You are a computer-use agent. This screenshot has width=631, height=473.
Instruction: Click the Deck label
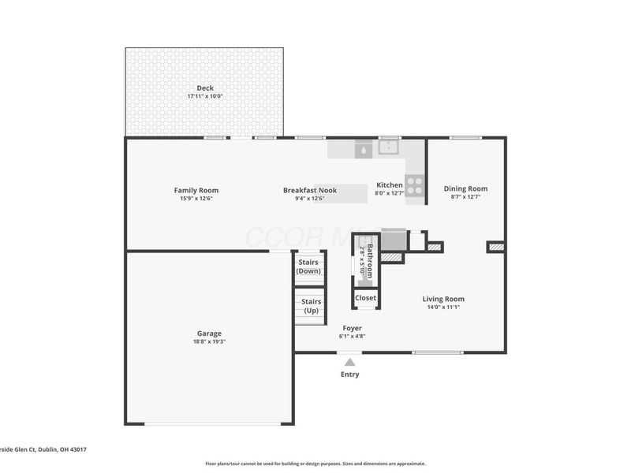[205, 88]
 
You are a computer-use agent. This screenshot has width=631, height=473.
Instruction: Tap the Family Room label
[196, 189]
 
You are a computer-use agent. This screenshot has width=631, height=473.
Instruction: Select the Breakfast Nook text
[310, 189]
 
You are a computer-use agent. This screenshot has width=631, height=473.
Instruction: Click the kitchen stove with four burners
[416, 187]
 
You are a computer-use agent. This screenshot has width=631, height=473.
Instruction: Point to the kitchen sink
[389, 147]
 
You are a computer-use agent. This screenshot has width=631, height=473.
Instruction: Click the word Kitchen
[389, 184]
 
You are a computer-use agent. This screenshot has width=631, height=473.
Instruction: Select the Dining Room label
[465, 188]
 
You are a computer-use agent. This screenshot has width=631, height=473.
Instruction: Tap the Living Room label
[443, 299]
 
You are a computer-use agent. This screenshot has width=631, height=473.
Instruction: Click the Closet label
[365, 298]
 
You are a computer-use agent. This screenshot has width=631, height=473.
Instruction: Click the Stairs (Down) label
[308, 266]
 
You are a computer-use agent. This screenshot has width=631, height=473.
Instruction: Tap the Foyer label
[352, 327]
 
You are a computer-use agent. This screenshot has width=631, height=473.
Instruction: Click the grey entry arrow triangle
[349, 362]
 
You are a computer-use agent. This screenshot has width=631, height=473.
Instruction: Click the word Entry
[349, 374]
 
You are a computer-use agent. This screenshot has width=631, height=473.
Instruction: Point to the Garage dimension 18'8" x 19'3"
[209, 342]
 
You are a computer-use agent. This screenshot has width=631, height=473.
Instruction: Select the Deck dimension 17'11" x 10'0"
[205, 96]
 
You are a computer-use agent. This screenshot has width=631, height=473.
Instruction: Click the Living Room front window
[438, 352]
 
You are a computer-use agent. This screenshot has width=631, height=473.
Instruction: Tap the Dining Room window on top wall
[465, 138]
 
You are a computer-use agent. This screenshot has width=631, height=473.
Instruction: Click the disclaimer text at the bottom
[315, 464]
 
